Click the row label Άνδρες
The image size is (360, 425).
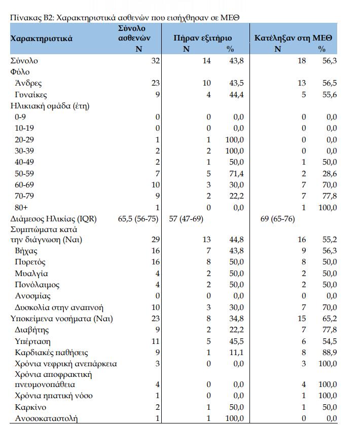click(x=28, y=84)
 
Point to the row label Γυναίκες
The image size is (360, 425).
click(x=31, y=95)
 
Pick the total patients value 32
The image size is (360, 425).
click(x=155, y=61)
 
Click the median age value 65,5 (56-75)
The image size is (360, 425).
click(x=138, y=219)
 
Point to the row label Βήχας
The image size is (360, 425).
click(x=26, y=251)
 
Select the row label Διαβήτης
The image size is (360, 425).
click(x=32, y=330)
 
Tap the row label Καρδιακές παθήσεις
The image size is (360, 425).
click(x=51, y=352)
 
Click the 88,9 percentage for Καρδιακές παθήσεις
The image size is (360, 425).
click(x=330, y=352)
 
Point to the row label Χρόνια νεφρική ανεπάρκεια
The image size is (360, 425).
click(x=66, y=363)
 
